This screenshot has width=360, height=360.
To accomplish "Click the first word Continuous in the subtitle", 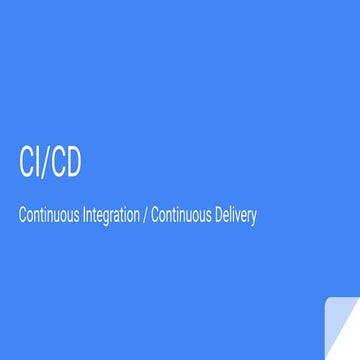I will coord(49,215).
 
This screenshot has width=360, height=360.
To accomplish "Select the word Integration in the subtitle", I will coord(112,215).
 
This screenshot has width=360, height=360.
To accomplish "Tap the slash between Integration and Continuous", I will coord(146,215).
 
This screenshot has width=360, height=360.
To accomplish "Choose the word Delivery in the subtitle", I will coord(236,215).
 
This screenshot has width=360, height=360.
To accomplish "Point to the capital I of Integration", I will coord(87,215).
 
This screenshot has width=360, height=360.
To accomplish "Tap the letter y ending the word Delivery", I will coord(254,217).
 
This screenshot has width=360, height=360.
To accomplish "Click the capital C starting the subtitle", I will coord(21,215).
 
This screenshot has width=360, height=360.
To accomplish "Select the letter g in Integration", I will coord(109,217).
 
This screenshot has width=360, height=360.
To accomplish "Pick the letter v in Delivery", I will coord(240,216).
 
